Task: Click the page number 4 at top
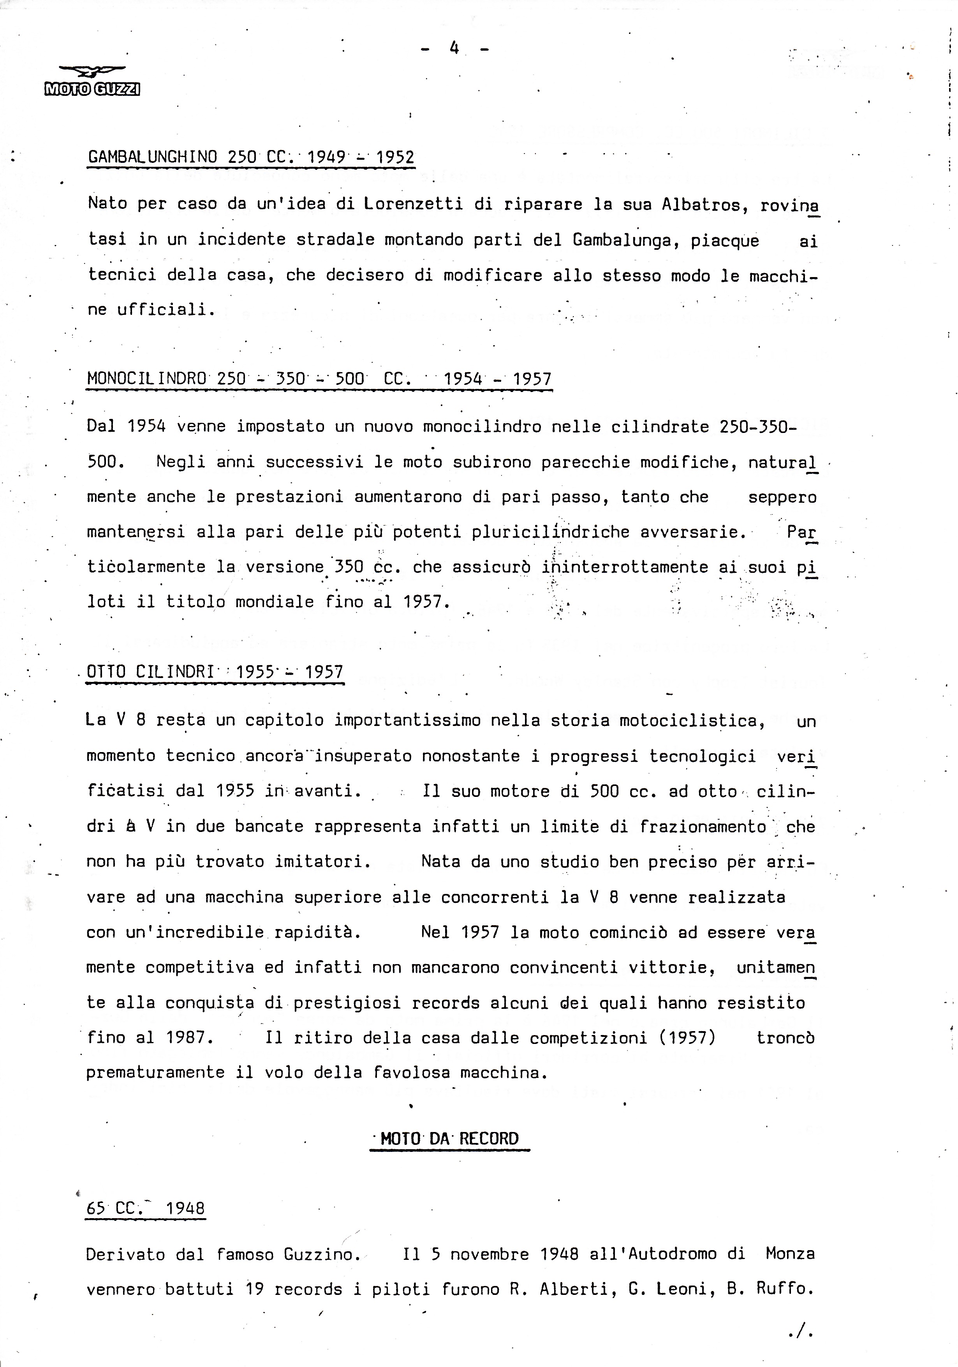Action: pyautogui.click(x=454, y=48)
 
